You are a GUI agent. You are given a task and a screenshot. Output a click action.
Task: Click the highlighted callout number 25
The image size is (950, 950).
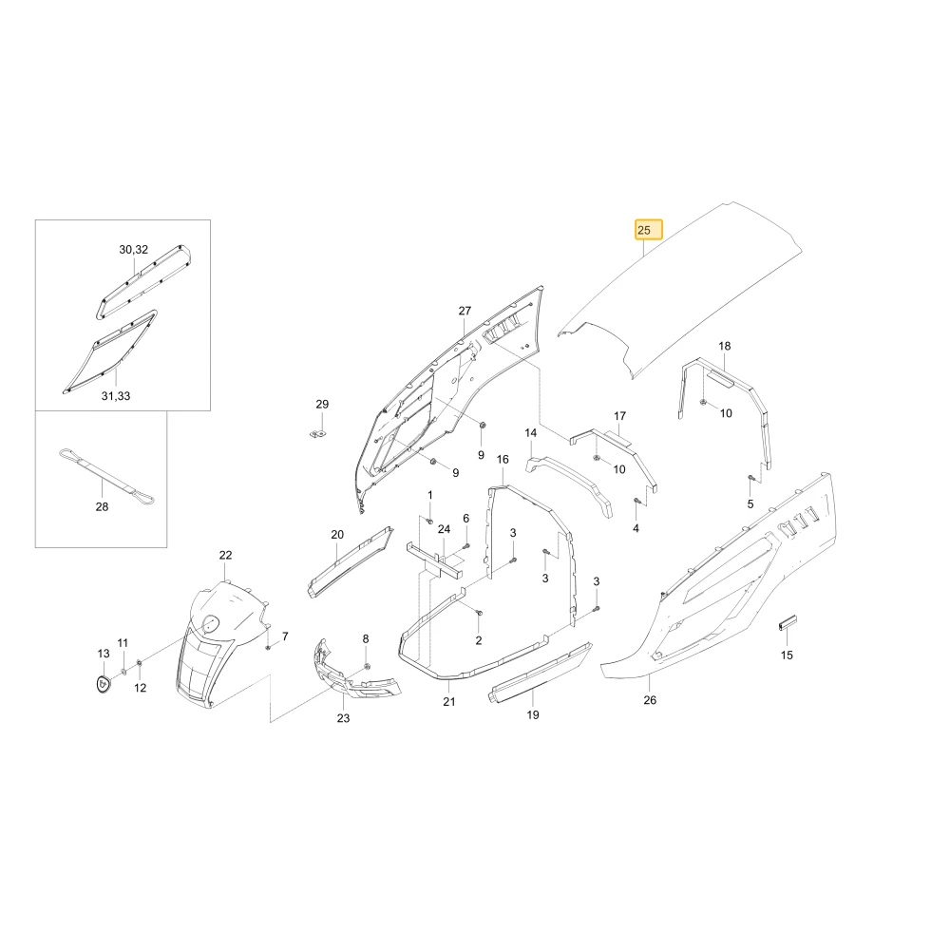(648, 230)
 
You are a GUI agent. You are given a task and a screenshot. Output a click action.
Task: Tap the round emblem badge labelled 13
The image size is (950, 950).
(104, 683)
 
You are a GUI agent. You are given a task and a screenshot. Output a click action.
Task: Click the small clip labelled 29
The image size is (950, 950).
(317, 433)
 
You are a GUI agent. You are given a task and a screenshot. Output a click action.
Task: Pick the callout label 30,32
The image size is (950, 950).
(133, 250)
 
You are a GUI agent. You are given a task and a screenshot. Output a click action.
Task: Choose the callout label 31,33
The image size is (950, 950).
(116, 395)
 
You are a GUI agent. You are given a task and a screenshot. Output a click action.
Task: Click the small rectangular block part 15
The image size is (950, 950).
(787, 622)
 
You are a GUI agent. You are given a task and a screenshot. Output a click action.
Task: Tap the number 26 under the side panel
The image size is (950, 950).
(650, 700)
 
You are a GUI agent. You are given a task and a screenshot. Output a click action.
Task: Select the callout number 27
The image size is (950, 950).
(465, 311)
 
